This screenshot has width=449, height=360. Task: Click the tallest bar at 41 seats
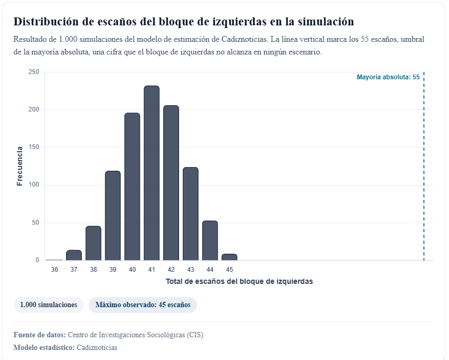click(152, 173)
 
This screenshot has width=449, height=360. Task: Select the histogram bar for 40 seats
click(132, 187)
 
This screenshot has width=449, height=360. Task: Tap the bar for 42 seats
click(171, 183)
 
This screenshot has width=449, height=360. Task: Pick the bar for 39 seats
click(113, 216)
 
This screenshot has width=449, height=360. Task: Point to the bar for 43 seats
click(191, 214)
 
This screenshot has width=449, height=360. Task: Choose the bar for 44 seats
click(210, 241)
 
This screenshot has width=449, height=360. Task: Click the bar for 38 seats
click(93, 243)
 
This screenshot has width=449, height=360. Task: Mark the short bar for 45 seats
click(229, 257)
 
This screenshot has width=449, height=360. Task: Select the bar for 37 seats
click(74, 255)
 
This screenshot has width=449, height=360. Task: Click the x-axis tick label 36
click(54, 270)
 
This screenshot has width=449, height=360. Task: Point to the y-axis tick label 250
click(34, 72)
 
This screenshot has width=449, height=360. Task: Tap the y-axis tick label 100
click(34, 185)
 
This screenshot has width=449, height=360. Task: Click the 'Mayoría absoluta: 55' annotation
click(388, 77)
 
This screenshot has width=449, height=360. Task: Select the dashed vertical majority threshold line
click(424, 169)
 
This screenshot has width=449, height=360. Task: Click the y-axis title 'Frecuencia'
click(20, 166)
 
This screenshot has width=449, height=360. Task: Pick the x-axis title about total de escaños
click(239, 281)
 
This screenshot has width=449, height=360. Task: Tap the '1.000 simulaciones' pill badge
click(49, 305)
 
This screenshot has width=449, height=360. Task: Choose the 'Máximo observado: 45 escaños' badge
click(143, 305)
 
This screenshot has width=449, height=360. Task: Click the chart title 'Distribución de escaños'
click(183, 22)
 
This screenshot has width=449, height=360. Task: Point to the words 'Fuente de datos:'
click(40, 335)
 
